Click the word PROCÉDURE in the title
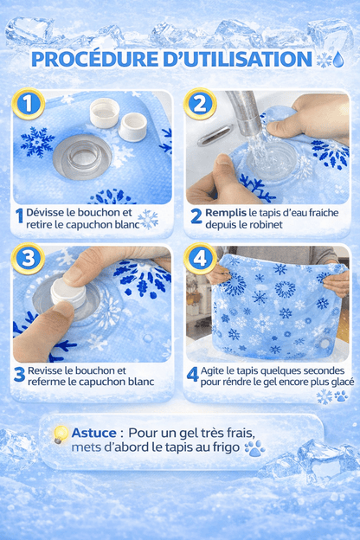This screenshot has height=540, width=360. [x=94, y=59]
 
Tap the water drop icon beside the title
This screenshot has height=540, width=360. [x=338, y=59]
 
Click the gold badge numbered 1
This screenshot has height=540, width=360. [x=29, y=104]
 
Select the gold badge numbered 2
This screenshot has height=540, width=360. [x=200, y=104]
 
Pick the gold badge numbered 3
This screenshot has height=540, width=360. [x=29, y=259]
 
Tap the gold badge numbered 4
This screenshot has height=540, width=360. [x=200, y=259]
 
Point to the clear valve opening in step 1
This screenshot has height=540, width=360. [x=82, y=157]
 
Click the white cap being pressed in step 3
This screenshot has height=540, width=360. [x=68, y=293]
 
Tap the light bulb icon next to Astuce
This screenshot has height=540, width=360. [x=61, y=434]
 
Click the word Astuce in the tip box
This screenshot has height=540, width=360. [x=93, y=433]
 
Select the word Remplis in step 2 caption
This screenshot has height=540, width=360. [x=226, y=213]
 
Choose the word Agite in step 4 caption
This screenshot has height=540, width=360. [x=212, y=371]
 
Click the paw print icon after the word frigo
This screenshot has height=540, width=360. [x=254, y=448]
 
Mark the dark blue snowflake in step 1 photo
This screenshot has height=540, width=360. [x=37, y=142]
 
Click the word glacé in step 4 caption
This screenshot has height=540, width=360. [x=341, y=382]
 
